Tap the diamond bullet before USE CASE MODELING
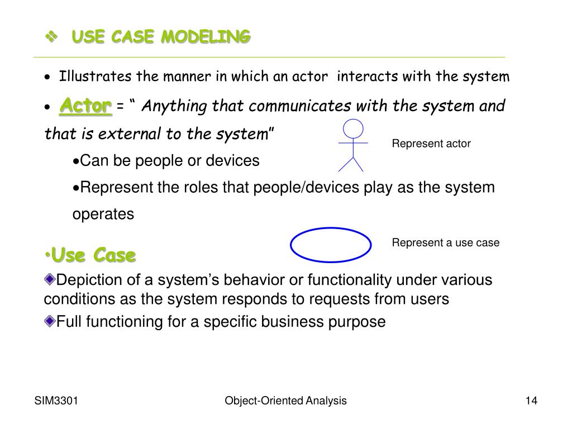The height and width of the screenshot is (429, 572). pos(51,37)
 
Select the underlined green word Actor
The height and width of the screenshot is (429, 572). pos(85,105)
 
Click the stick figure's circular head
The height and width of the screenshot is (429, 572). pos(353,130)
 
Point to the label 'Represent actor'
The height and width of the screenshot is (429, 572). pos(431,144)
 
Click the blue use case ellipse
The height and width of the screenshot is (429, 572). pos(331,245)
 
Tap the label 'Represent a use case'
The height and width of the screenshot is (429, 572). pos(445,242)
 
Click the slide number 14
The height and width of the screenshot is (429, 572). pos(531,401)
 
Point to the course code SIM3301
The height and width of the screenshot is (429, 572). pos(56,401)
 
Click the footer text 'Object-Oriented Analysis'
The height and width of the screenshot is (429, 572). pos(285,401)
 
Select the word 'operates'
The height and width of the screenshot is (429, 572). pos(103,214)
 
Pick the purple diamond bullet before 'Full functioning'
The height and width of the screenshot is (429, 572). pos(50,321)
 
